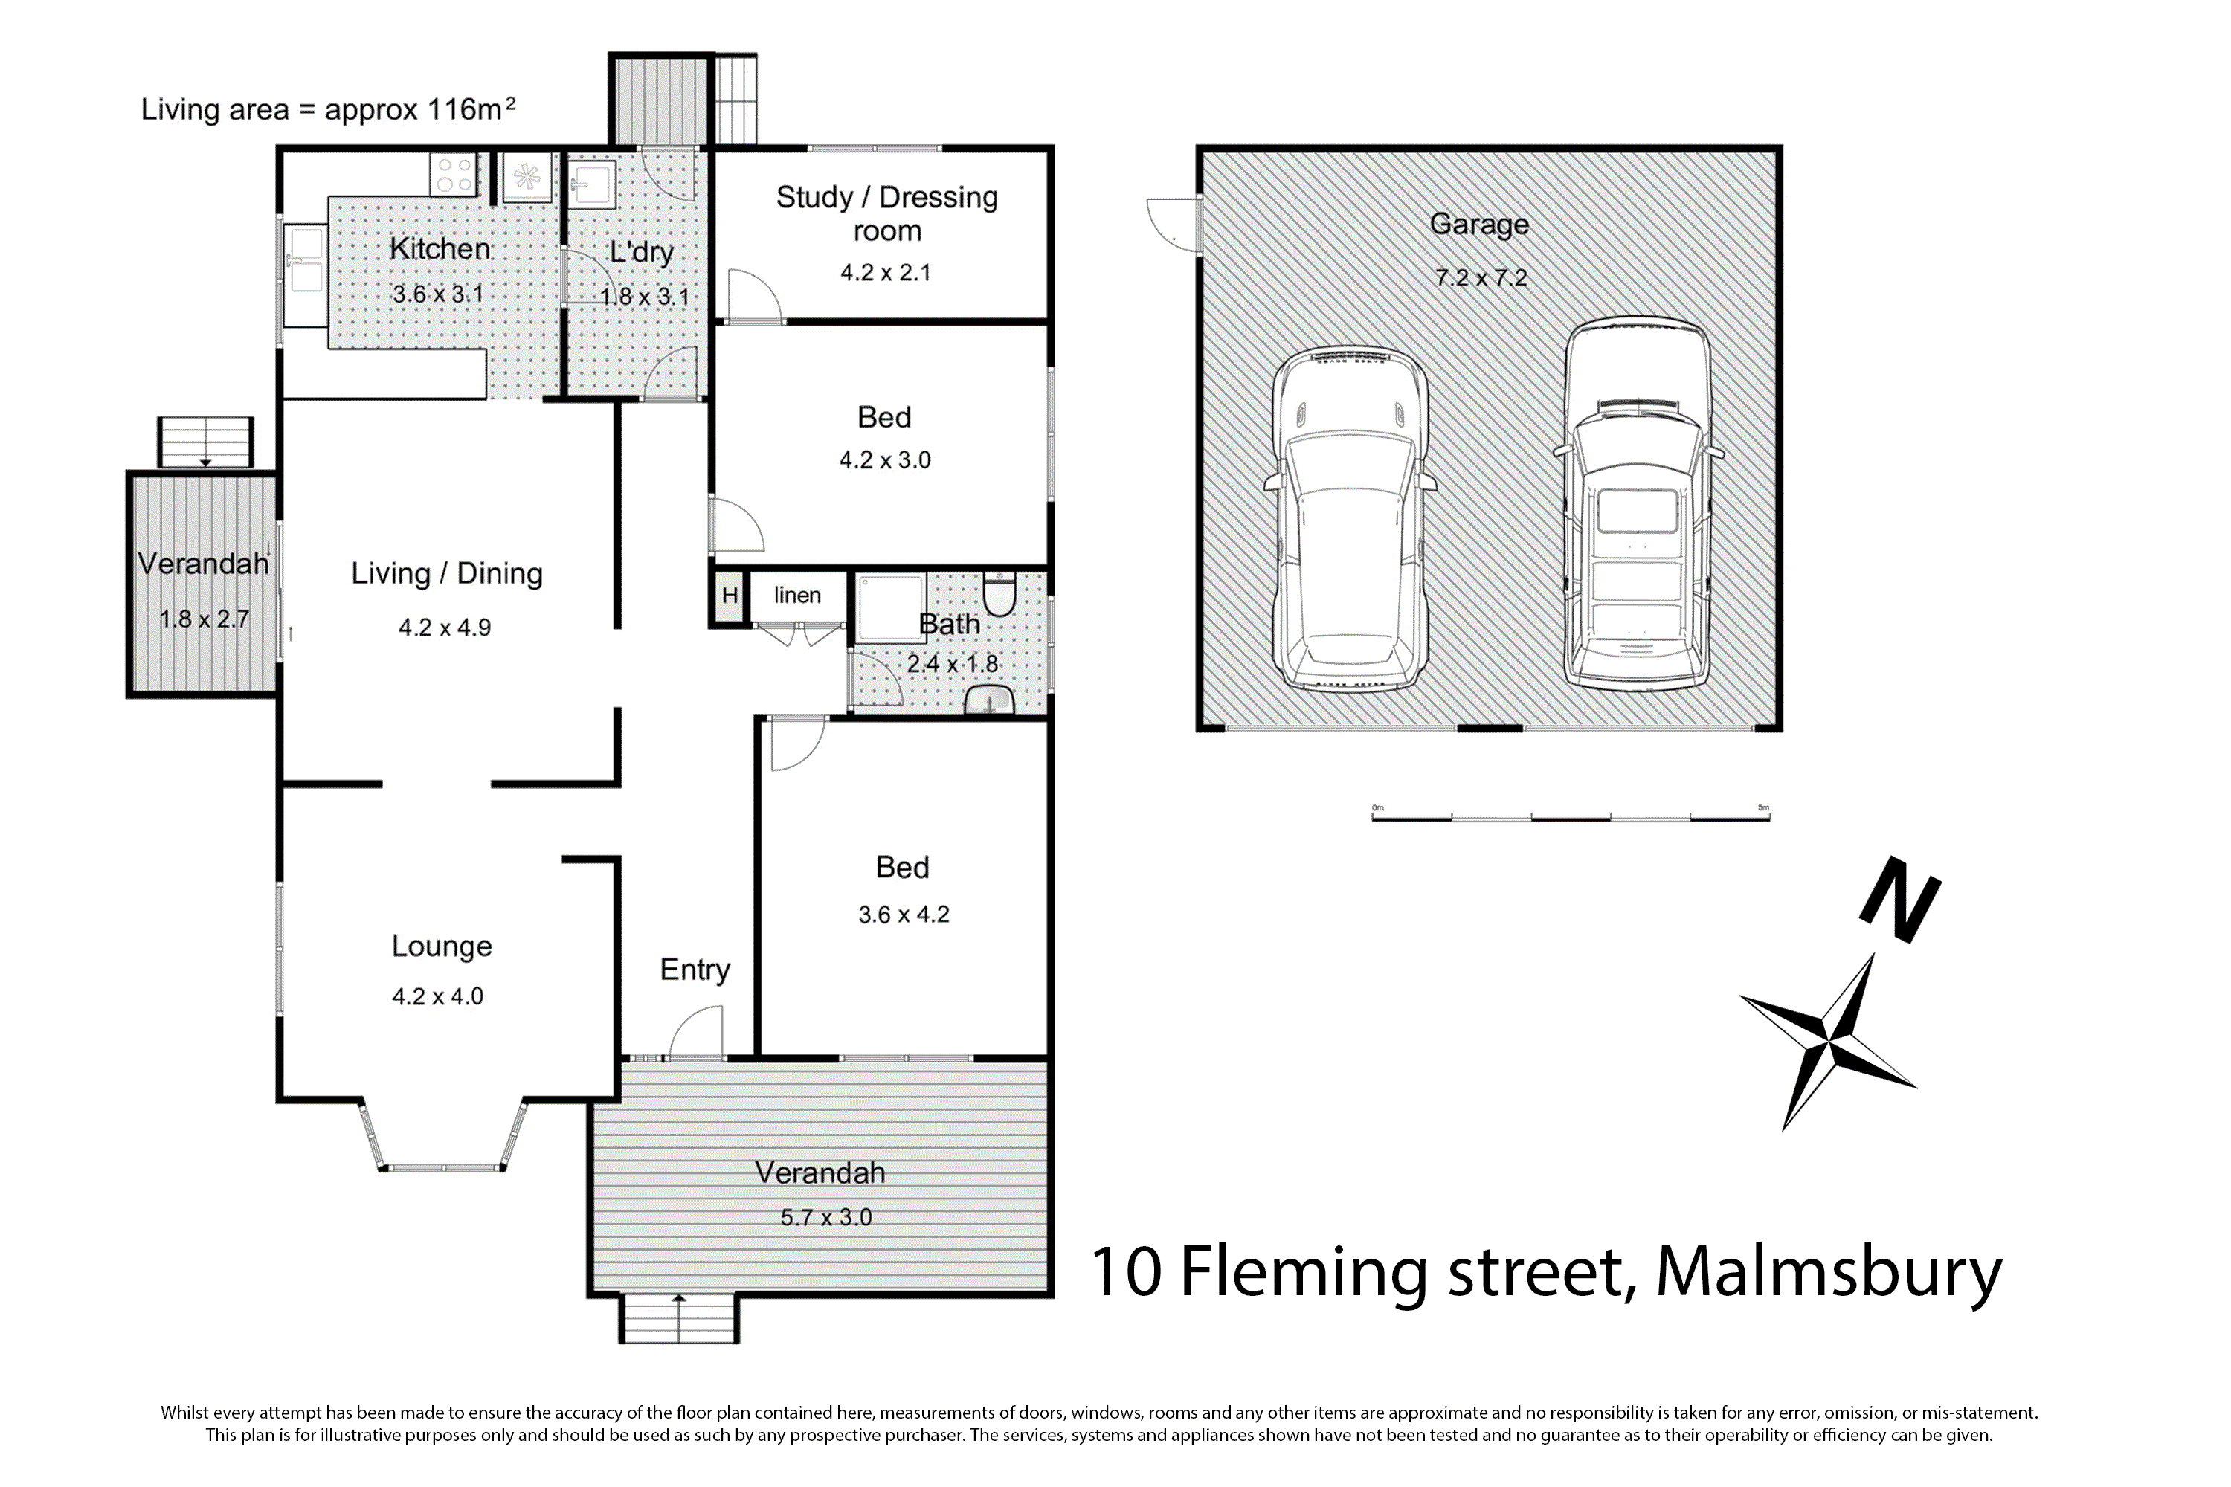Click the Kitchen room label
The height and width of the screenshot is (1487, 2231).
pos(440,248)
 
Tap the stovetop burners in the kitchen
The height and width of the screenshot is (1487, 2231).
pos(454,175)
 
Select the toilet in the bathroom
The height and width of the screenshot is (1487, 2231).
pos(999,593)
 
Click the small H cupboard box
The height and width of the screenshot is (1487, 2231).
pos(730,596)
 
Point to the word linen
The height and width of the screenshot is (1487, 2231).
pos(798,595)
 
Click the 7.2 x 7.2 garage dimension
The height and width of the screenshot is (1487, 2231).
pos(1481,278)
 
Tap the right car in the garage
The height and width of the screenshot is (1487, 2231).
pos(1638,503)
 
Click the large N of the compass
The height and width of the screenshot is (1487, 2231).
pos(1900,900)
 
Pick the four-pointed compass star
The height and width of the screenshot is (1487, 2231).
pos(1827,1042)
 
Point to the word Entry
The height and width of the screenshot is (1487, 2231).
pos(695,970)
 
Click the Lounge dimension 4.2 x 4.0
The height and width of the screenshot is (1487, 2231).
pos(438,997)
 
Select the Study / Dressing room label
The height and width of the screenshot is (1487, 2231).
pos(887,213)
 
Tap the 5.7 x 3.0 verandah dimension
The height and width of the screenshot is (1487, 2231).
pos(826,1218)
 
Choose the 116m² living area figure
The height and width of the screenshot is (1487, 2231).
pos(471,109)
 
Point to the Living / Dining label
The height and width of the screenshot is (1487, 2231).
pos(447,574)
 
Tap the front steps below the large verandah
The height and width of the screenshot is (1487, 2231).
pos(679,1319)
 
